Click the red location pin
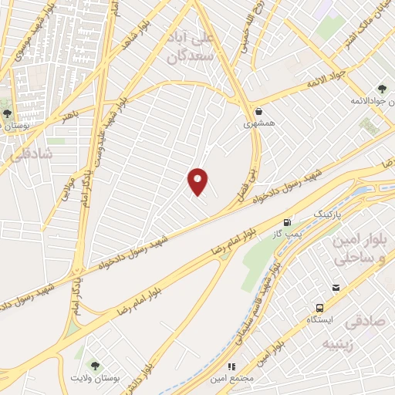click(198, 182)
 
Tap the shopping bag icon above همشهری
click(259, 111)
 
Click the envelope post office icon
click(336, 288)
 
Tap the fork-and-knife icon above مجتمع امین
click(231, 366)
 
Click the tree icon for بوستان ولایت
click(94, 366)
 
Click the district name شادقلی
click(29, 154)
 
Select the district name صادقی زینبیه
click(361, 332)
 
